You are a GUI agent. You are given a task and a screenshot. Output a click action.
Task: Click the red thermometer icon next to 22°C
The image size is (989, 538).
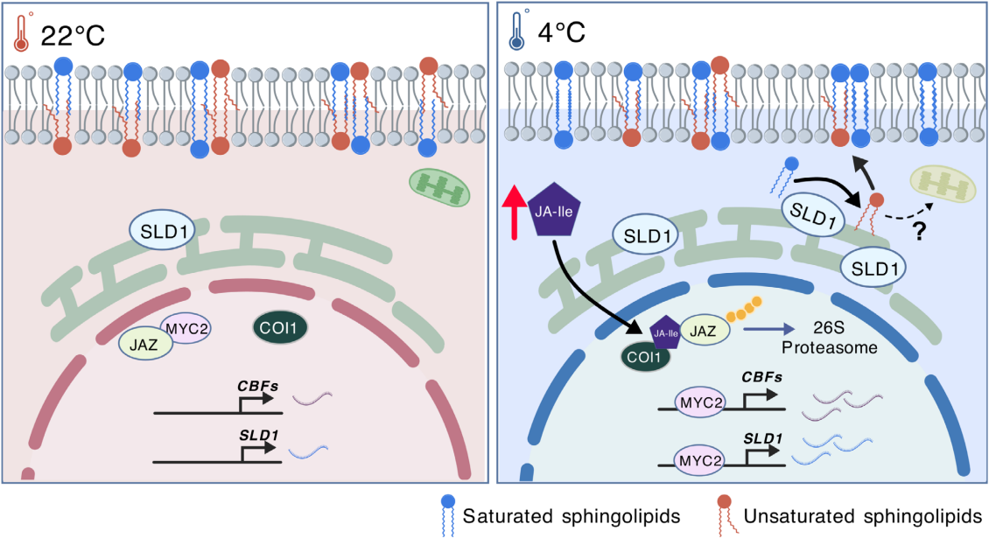pos(21,32)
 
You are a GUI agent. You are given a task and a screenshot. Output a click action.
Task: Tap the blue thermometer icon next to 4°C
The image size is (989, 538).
pos(517,32)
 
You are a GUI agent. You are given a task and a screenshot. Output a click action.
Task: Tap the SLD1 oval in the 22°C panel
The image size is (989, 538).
pos(165,230)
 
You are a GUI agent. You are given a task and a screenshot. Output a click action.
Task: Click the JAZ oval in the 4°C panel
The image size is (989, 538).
pos(698,332)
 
